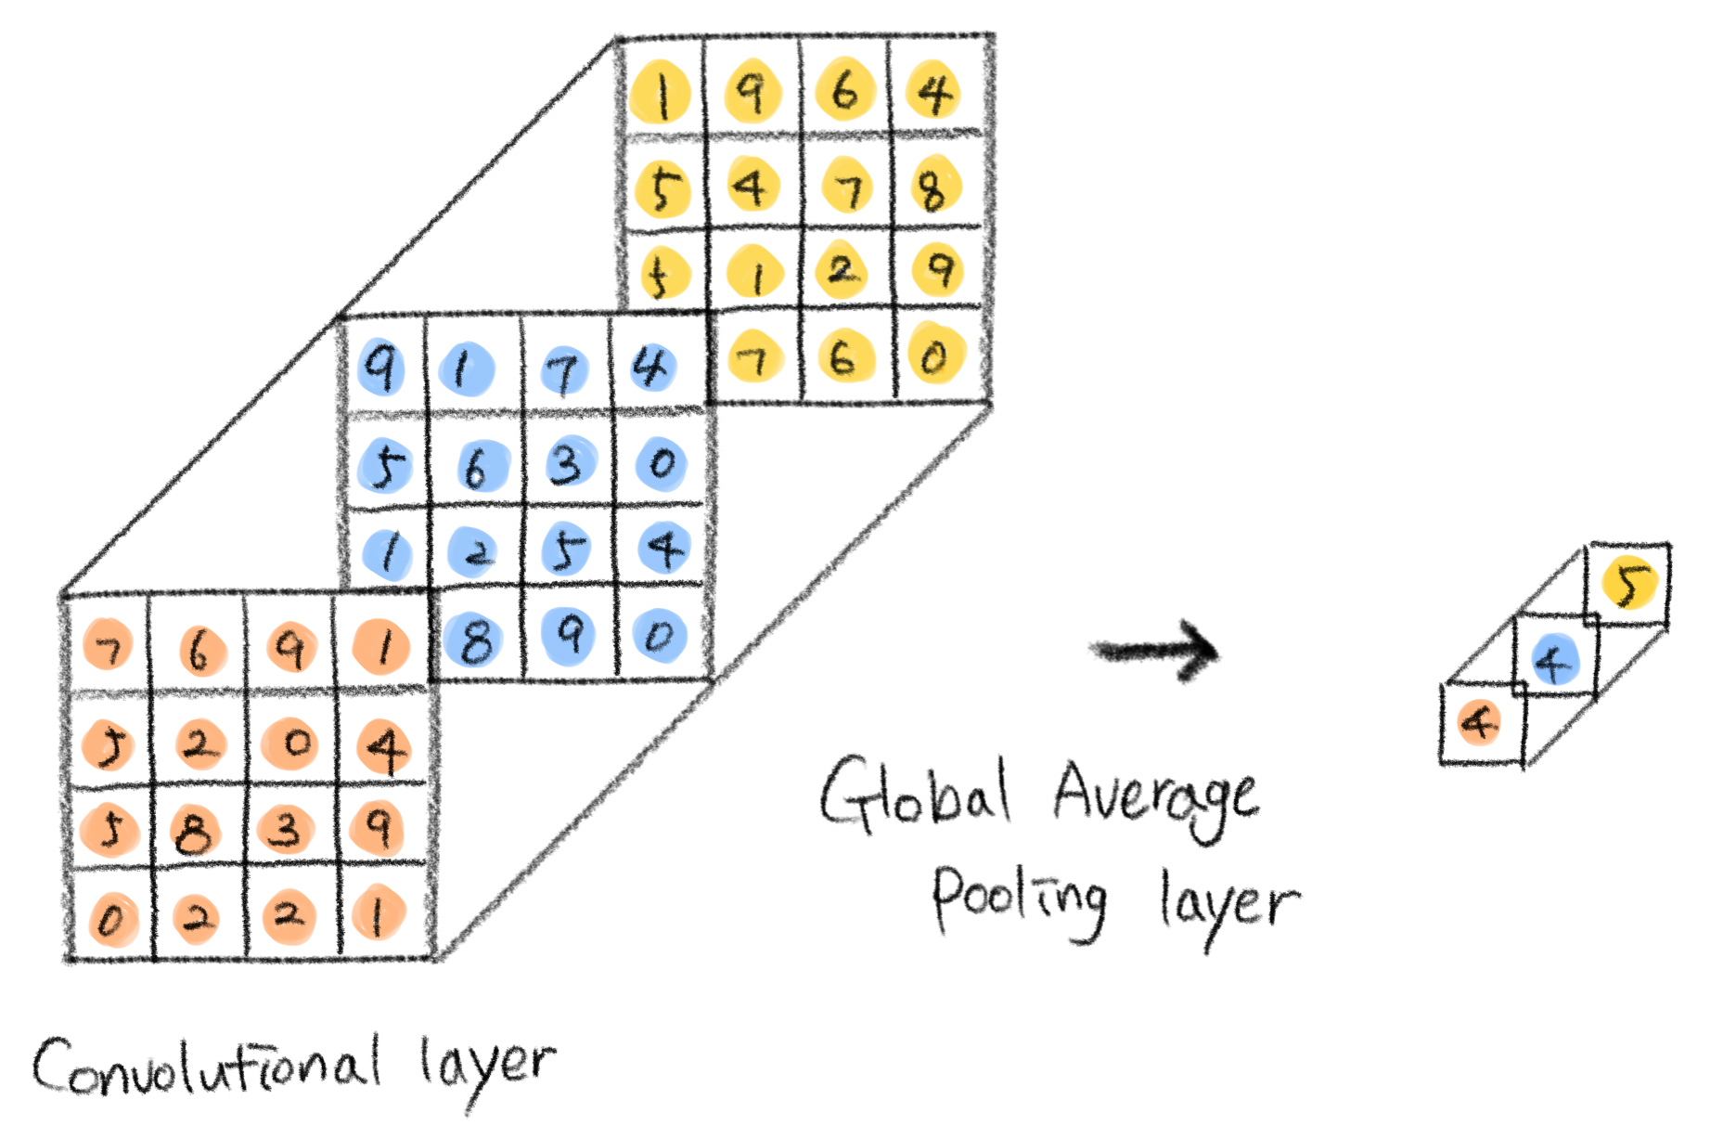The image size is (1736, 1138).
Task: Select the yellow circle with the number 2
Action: pos(842,270)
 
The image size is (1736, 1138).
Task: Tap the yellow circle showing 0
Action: pos(935,354)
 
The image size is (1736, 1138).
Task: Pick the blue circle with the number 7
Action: pos(563,371)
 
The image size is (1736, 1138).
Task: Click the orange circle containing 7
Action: pos(109,646)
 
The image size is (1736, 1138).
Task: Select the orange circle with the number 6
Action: pos(199,650)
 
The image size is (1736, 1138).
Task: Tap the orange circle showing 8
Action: pos(194,829)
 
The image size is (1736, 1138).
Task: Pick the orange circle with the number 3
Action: pos(286,829)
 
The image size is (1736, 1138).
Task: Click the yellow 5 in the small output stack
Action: pos(1630,583)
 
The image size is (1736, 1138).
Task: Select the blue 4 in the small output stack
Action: pos(1554,660)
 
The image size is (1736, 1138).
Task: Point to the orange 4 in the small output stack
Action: pos(1479,723)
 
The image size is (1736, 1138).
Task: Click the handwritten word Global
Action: pos(914,794)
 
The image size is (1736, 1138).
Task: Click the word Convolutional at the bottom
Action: pos(206,1067)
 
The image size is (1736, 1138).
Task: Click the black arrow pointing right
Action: pos(1155,650)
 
